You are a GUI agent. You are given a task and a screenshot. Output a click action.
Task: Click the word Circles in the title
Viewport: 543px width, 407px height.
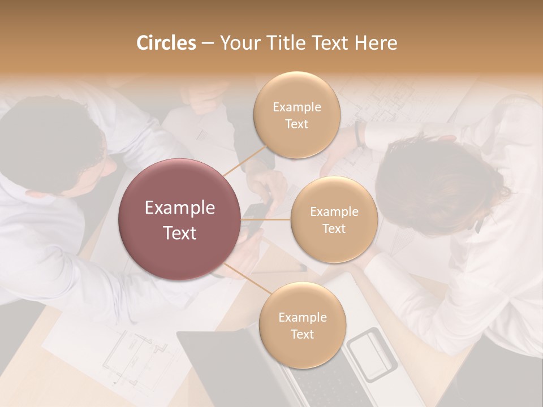[166, 43]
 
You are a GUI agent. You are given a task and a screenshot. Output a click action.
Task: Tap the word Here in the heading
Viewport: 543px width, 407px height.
[376, 43]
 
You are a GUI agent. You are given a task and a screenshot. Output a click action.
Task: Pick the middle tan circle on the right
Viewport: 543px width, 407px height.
[334, 220]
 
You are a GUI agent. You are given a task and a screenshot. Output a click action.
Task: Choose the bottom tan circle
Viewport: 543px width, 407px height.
[302, 326]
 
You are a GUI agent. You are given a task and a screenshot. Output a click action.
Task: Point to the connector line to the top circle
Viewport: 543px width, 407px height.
[244, 161]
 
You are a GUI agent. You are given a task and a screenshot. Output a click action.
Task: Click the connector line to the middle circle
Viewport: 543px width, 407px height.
[266, 219]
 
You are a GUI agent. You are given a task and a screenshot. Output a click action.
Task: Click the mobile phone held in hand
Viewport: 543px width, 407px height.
[255, 218]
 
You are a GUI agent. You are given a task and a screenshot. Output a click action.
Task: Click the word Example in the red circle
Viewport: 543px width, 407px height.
[180, 208]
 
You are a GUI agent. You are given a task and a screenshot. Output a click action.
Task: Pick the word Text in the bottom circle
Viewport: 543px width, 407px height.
[302, 334]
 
